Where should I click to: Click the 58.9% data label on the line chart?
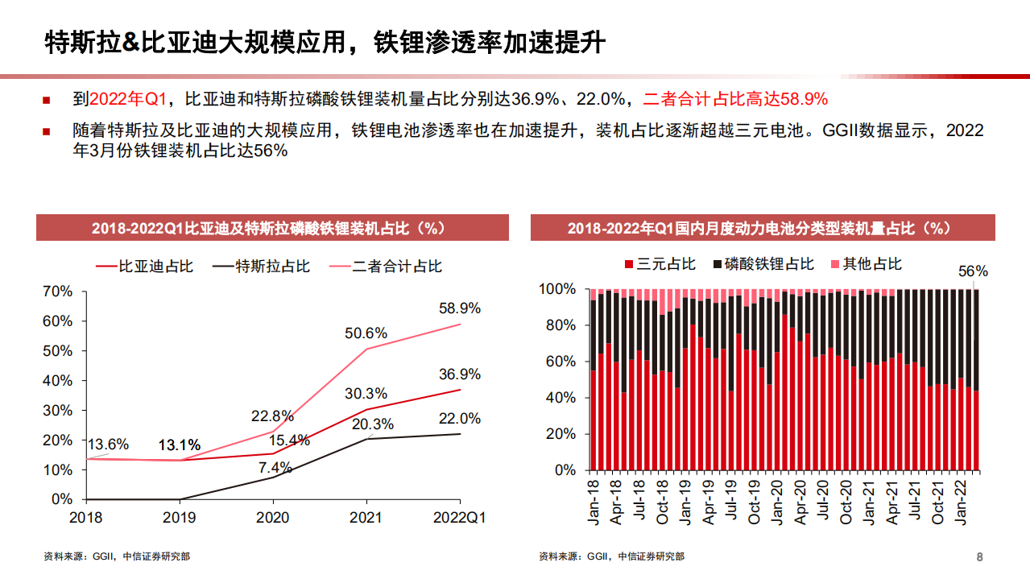click(460, 308)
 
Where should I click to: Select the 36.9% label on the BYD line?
click(460, 374)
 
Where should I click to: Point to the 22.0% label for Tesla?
click(460, 418)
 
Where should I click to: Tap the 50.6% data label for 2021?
click(367, 333)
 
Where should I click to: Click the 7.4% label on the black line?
click(275, 467)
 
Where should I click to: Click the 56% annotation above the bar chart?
click(973, 271)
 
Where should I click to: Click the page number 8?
click(979, 556)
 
